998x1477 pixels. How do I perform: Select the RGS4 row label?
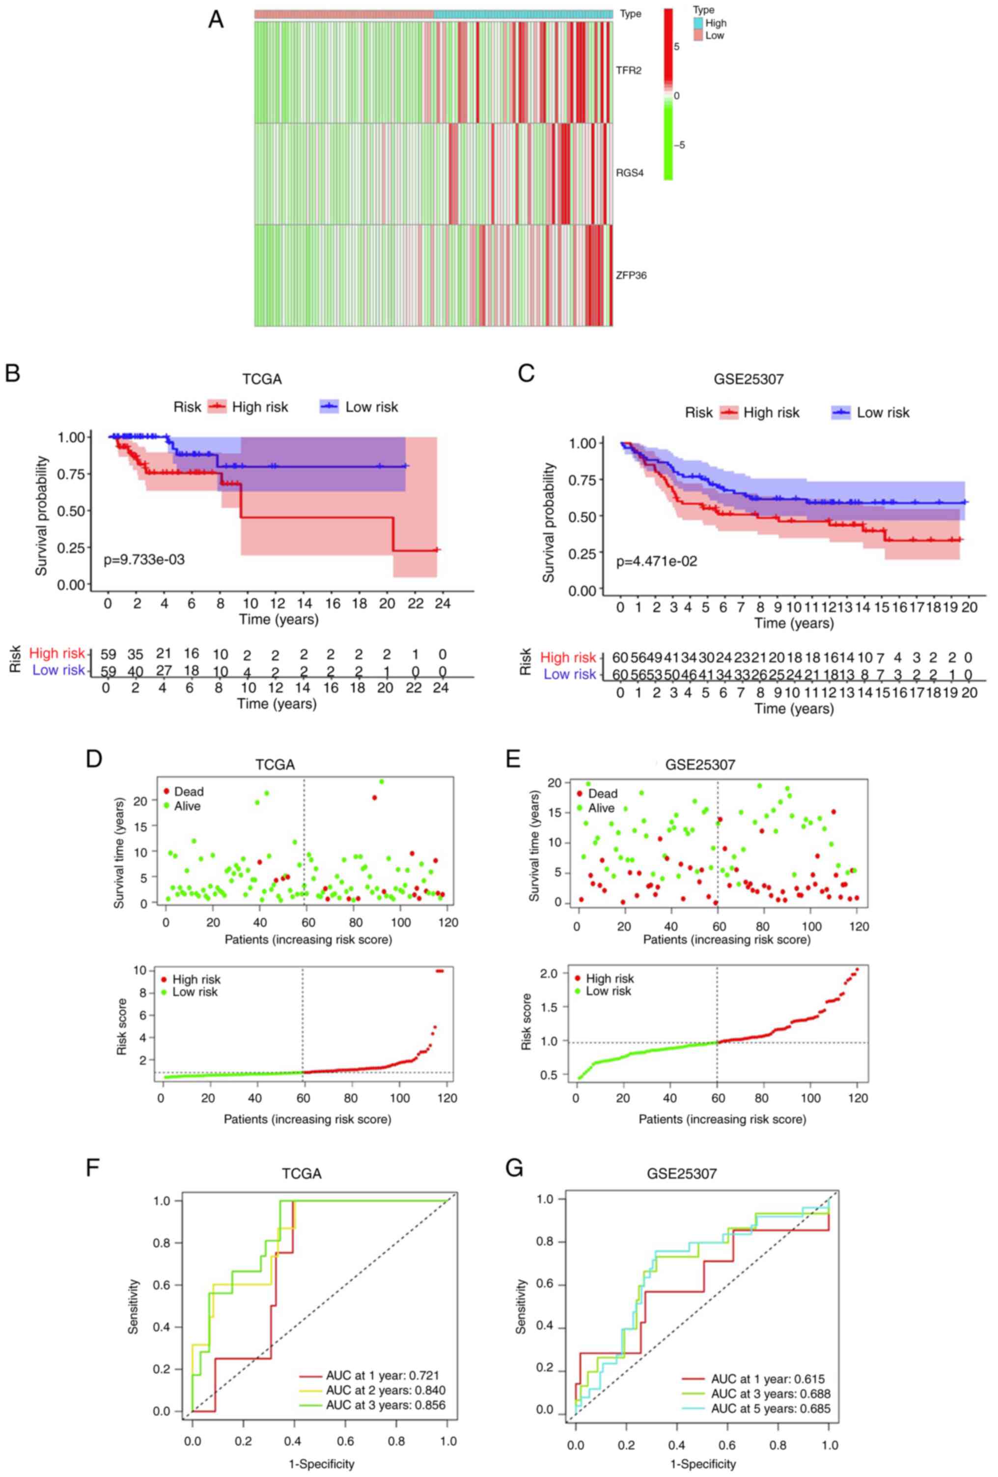coord(629,173)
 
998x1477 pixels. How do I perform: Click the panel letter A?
coord(216,20)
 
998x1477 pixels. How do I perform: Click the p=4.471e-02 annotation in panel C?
coord(656,561)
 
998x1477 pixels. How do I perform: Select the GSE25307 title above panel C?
coord(748,379)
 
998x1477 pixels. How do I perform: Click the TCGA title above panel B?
coord(262,379)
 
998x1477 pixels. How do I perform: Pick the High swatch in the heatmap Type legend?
coord(698,24)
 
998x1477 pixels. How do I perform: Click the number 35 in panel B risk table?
coord(135,653)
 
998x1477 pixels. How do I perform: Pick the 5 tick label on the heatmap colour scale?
coord(677,46)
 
